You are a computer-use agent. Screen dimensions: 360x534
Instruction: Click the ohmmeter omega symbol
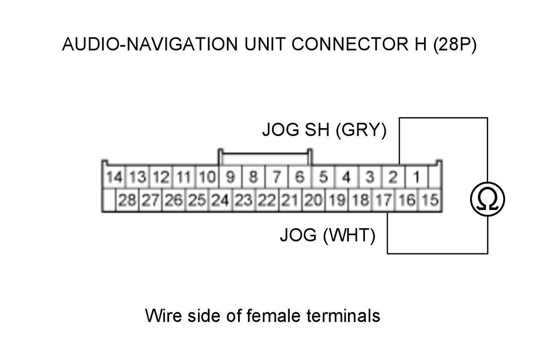click(x=488, y=199)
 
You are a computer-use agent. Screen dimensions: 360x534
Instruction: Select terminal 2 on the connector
click(x=392, y=178)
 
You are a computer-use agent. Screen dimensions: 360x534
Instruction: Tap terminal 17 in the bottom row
click(x=383, y=200)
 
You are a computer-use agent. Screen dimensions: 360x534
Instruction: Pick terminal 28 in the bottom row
click(x=127, y=200)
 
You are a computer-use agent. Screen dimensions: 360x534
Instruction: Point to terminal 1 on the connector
click(x=416, y=178)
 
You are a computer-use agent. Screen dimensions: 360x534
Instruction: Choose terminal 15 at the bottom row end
click(x=430, y=200)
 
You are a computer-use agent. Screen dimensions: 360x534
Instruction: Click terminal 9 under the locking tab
click(x=230, y=178)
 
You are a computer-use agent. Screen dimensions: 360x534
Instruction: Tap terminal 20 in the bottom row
click(x=313, y=200)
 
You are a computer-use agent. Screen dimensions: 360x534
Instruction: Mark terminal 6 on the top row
click(x=299, y=178)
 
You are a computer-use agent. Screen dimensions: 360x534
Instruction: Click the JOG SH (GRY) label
click(x=324, y=130)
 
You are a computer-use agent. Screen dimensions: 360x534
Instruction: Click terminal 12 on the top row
click(x=161, y=178)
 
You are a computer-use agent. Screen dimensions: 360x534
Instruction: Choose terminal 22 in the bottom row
click(x=267, y=200)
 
